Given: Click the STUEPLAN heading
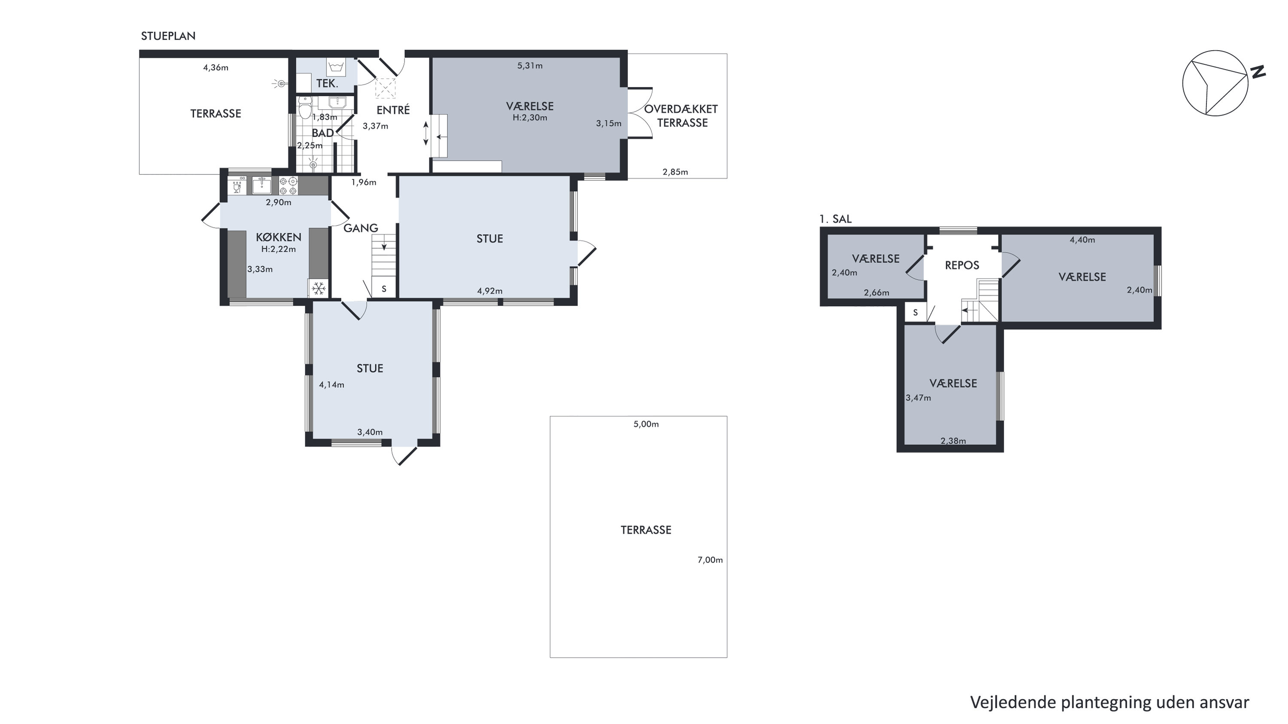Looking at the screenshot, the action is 168,36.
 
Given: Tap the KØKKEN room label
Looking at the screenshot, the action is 278,237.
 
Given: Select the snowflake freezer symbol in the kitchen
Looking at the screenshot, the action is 319,288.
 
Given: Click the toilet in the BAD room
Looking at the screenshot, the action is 305,106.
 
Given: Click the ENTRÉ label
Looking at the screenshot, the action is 393,110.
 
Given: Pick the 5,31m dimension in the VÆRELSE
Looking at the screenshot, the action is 530,66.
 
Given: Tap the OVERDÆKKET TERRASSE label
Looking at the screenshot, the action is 682,116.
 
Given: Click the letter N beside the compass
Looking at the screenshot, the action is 1258,72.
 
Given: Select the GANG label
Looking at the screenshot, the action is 360,228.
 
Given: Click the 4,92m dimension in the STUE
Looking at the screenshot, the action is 490,291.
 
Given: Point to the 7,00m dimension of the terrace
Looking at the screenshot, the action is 710,560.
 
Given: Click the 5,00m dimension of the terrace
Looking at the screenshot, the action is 646,424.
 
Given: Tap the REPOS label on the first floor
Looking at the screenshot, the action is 962,265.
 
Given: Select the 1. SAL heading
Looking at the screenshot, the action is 835,219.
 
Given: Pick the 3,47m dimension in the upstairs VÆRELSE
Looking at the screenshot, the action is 919,398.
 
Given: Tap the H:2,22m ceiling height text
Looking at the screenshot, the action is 278,249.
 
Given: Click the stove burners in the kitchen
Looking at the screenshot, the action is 289,186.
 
